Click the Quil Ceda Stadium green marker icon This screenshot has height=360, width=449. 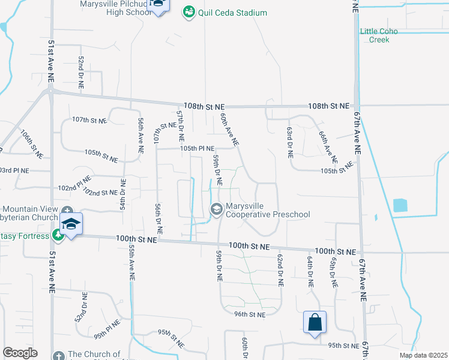[188, 12]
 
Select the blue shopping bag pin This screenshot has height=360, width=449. [315, 323]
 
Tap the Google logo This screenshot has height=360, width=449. [20, 353]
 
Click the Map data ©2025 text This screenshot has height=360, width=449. [423, 355]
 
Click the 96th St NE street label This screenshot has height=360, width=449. [249, 314]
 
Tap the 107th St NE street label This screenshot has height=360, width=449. [89, 120]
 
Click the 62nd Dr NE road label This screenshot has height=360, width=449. [280, 268]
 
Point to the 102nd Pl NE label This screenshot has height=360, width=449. [74, 184]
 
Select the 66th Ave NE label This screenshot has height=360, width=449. [327, 148]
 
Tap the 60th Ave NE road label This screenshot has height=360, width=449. [229, 130]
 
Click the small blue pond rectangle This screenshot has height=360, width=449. [400, 205]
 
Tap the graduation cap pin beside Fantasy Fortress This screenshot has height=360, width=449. [71, 225]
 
